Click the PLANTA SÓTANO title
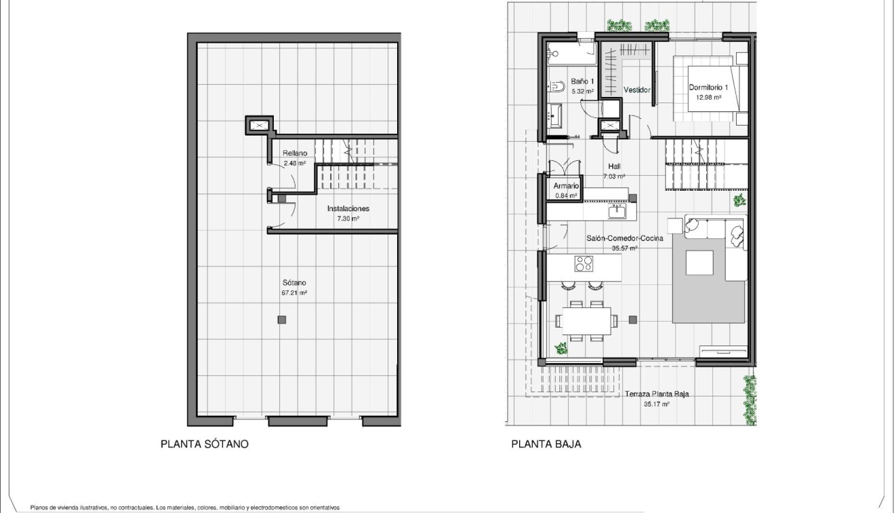204,444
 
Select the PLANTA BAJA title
546,444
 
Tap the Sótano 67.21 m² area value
295,292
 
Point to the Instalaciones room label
348,209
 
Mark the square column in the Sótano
282,320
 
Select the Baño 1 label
582,81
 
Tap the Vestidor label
636,90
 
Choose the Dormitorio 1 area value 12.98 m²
708,97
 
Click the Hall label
614,167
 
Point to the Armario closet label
565,186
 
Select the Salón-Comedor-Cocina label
624,238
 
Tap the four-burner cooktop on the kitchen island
584,263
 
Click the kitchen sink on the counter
617,212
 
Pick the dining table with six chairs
583,320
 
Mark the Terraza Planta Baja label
657,394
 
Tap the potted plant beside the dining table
561,349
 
